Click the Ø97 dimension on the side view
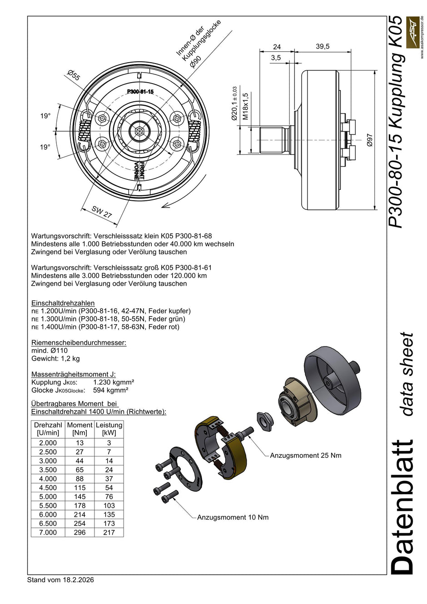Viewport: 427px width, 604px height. pos(369,140)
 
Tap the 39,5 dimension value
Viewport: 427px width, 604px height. pos(323,46)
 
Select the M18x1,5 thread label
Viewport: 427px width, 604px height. pos(245,107)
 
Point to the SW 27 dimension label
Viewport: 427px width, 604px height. pos(102,212)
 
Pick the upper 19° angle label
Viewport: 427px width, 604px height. pos(45,116)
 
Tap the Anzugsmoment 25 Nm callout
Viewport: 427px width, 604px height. pos(305,455)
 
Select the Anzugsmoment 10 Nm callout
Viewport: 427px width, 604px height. pos(233,517)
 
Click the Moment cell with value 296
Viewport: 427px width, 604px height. pos(79,532)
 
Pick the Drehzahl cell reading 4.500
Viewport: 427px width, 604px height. pos(48,488)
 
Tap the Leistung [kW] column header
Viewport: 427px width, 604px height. pos(109,429)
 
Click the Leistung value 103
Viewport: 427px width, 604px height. pos(109,505)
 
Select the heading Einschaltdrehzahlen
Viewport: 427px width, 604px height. pos(63,303)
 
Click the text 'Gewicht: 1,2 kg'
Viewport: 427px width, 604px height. pos(55,358)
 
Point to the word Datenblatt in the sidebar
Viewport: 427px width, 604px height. pos(402,506)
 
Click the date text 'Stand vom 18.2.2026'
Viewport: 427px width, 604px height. pos(60,580)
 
